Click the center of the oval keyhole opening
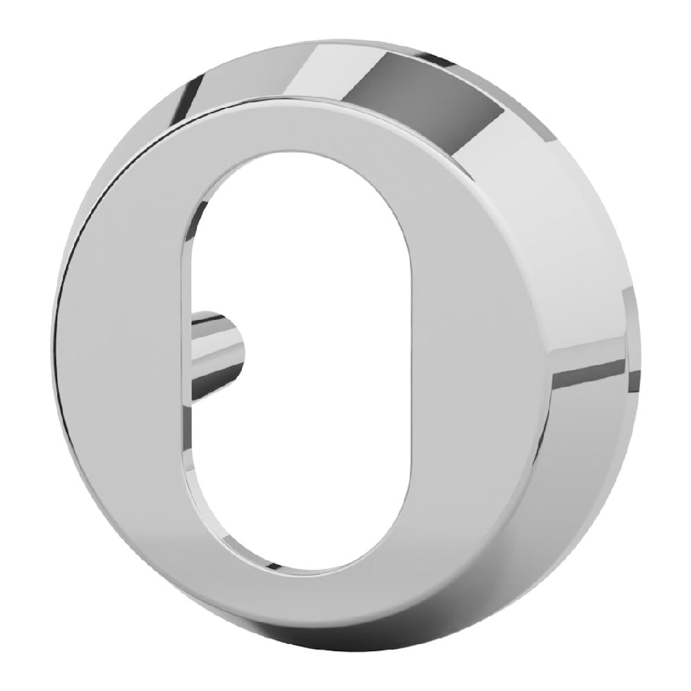click(304, 366)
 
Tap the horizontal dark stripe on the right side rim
click(587, 377)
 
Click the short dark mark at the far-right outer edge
click(630, 304)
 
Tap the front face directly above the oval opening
click(304, 131)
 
